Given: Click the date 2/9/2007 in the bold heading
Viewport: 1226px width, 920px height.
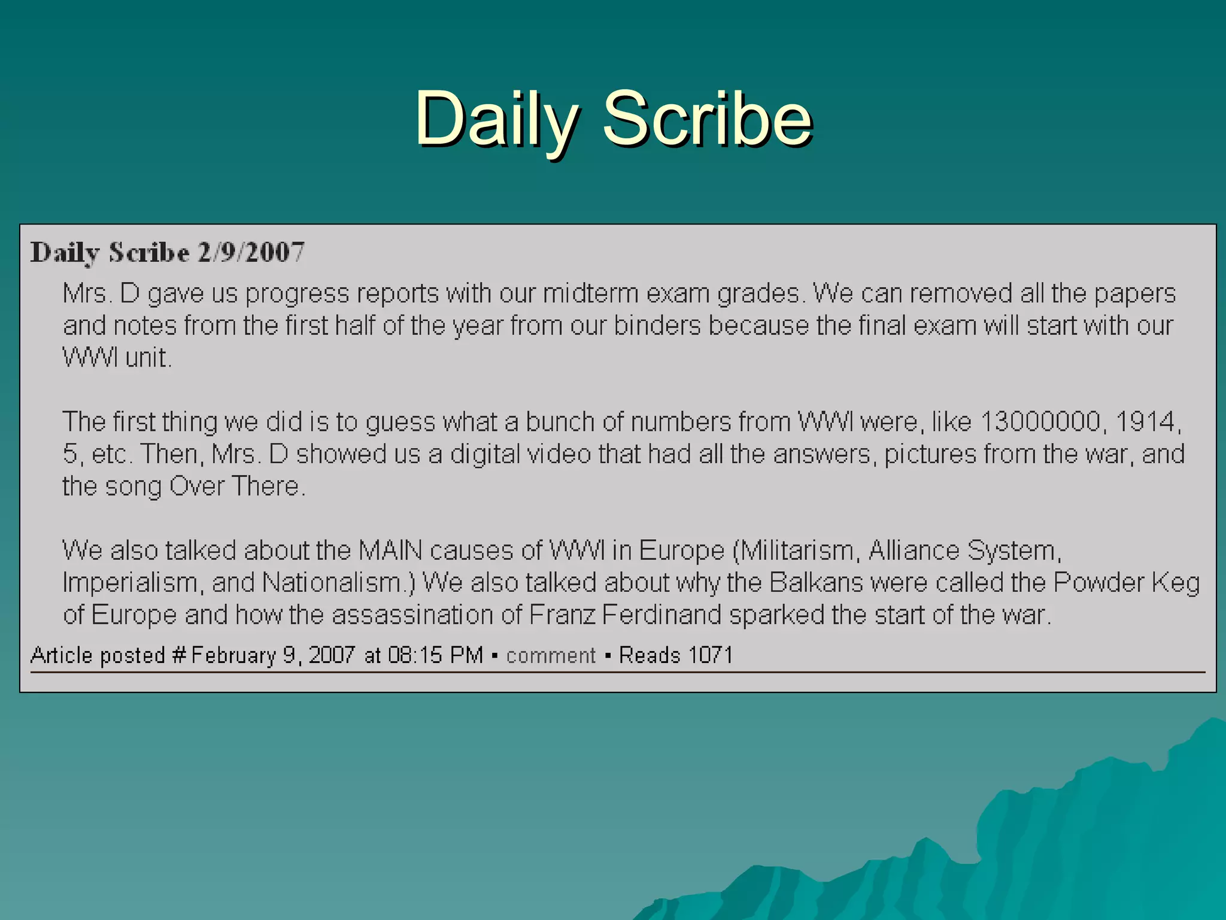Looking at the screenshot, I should coord(251,252).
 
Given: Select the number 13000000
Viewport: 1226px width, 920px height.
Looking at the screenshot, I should coord(1040,422).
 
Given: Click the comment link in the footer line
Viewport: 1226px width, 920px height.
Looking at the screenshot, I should coord(551,655).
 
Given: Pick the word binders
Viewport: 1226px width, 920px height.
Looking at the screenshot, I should coord(657,326).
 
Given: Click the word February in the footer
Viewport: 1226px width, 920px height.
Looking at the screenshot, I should coord(233,655).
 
